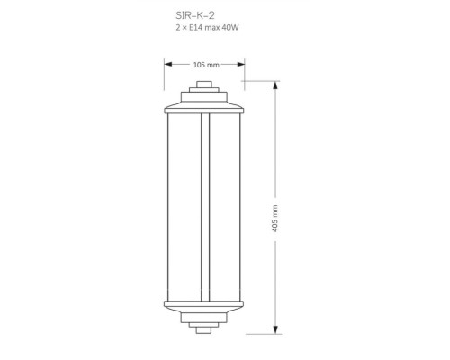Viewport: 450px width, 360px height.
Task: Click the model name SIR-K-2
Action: tap(195, 15)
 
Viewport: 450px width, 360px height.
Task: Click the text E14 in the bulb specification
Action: tap(195, 28)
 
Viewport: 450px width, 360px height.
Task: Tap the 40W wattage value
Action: tap(230, 28)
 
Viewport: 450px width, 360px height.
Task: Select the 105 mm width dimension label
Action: tap(206, 65)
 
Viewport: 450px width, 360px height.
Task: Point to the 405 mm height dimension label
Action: tap(274, 219)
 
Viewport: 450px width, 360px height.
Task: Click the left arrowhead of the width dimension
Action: tap(168, 64)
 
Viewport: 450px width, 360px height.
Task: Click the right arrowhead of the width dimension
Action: tap(241, 64)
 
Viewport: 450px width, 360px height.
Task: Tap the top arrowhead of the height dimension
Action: tap(275, 85)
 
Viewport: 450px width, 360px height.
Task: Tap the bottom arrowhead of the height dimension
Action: tap(275, 329)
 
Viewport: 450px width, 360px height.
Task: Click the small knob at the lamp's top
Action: tap(204, 85)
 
